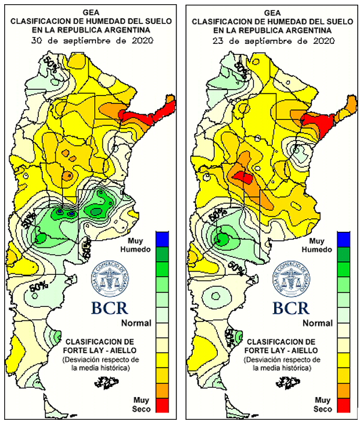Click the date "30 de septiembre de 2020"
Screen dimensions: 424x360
pos(91,41)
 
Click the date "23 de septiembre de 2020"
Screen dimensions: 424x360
pos(273,41)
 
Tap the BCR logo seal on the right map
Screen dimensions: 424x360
pos(290,280)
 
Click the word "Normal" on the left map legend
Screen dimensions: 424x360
pos(136,323)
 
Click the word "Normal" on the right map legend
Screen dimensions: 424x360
pos(318,323)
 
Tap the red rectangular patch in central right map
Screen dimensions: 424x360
pos(243,176)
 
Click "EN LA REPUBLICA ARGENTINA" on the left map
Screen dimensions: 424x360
pos(91,30)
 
